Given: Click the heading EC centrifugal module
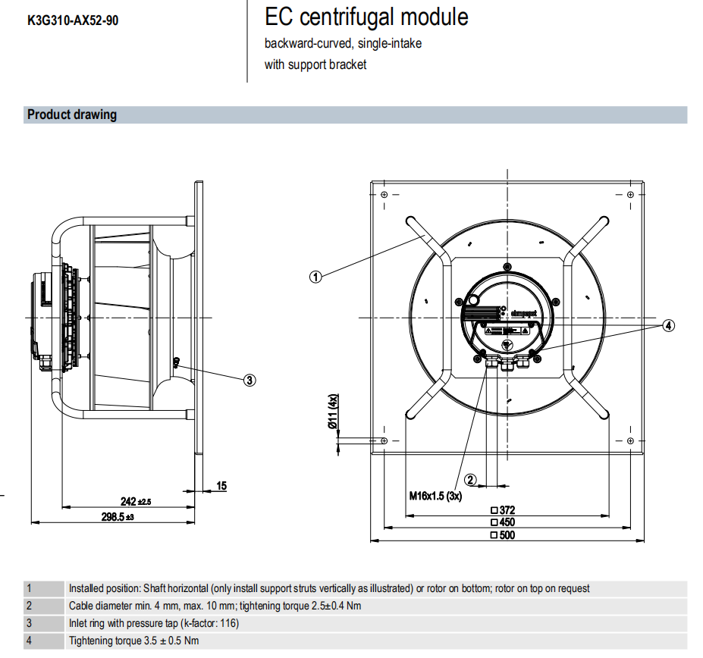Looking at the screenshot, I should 366,17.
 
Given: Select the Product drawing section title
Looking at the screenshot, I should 72,115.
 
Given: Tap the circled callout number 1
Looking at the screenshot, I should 316,276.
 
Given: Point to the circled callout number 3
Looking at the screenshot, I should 250,381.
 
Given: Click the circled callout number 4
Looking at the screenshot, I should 667,326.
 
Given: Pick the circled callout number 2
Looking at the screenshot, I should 470,479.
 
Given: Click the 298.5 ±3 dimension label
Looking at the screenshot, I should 118,516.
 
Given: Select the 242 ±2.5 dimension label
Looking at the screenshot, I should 137,501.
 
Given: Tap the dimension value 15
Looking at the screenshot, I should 221,486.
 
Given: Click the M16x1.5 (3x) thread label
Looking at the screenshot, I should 435,496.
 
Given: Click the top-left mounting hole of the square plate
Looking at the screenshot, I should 384,195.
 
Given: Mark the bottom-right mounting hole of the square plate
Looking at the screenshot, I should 629,440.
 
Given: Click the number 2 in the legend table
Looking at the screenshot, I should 29,606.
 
